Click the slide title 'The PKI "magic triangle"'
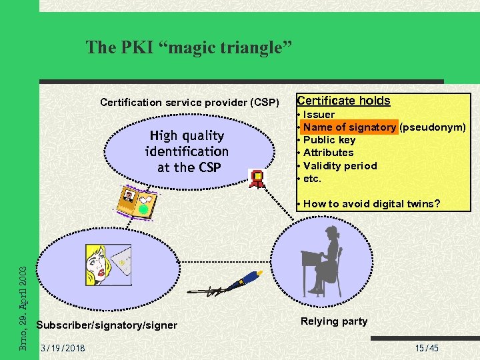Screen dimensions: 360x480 coord(189,47)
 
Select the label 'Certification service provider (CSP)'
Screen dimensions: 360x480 coord(189,103)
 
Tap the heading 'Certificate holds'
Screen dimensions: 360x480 coord(343,101)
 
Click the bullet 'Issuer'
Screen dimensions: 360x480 coord(319,115)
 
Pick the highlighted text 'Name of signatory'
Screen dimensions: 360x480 coord(349,127)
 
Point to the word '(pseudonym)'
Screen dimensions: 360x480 coord(432,127)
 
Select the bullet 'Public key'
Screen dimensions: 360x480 coord(329,140)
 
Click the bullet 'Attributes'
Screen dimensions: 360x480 coord(328,153)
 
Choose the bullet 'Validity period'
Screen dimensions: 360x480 coord(339,166)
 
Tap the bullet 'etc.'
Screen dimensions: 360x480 coord(312,179)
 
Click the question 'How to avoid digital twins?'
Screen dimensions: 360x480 coord(371,204)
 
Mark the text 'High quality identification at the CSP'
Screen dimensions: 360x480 coord(187,151)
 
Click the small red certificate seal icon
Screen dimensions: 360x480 coord(257,177)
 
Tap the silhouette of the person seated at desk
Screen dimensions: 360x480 coord(322,261)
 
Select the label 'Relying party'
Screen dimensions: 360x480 coord(334,321)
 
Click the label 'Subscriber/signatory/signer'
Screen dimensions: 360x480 coord(107,325)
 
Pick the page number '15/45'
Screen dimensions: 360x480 coord(427,349)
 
